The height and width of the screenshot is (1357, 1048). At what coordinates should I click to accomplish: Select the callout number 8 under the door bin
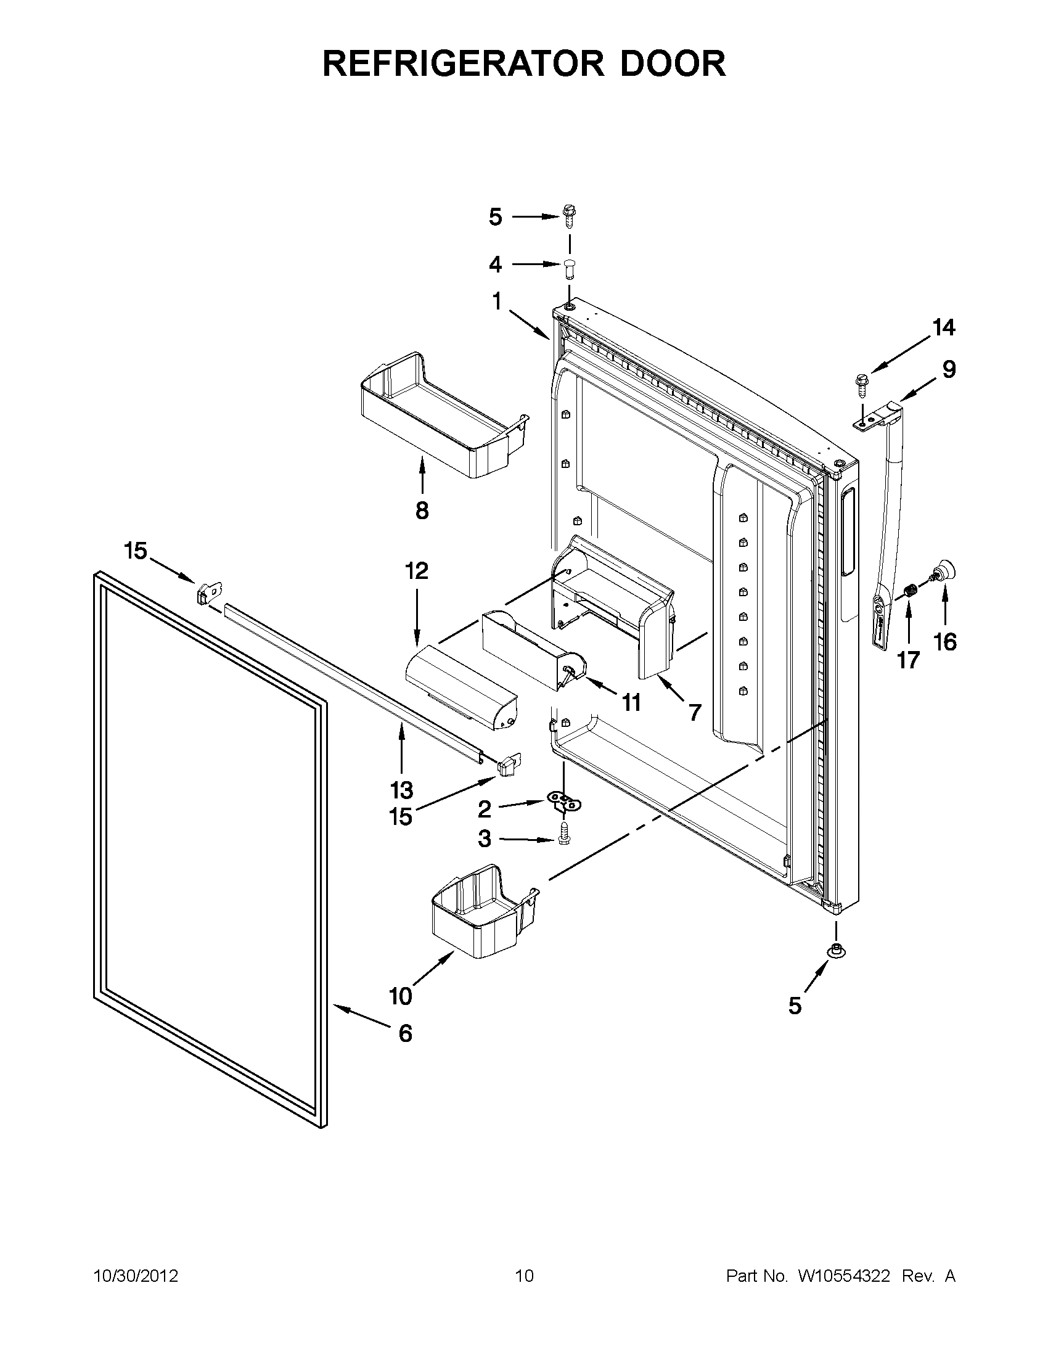pos(422,510)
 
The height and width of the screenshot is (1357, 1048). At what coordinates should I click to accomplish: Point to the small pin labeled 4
pos(570,268)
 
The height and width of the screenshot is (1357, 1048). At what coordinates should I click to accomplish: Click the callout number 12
pos(416,570)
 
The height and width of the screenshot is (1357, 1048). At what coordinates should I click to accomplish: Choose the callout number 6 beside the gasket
pos(404,1033)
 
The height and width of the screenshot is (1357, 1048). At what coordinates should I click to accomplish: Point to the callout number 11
pos(631,703)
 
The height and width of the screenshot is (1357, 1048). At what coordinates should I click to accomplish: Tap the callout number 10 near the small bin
pos(401,996)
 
